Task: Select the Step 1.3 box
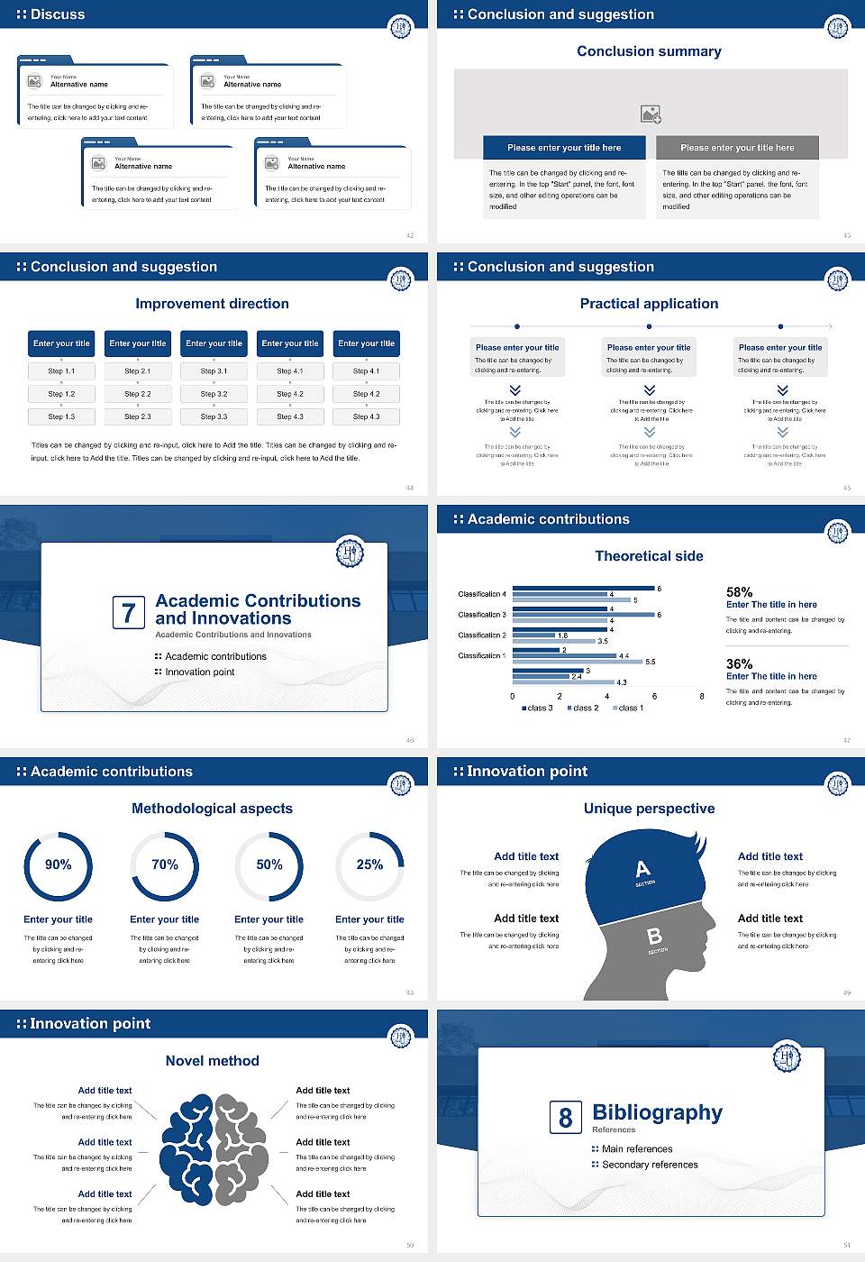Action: [61, 416]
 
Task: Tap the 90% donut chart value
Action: [59, 864]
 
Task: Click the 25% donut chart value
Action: [369, 864]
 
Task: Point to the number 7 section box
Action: [128, 613]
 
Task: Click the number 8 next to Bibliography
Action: [565, 1118]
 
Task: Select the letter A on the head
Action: [642, 869]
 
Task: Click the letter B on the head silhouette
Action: [655, 937]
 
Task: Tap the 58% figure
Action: [739, 592]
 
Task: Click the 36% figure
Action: [739, 663]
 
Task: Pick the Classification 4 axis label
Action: [481, 594]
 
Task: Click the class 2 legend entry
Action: [583, 708]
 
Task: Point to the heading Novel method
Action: [212, 1061]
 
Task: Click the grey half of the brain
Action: [241, 1149]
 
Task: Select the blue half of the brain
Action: [187, 1149]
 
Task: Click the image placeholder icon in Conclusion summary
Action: [651, 114]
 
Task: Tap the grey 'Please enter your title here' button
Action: [737, 148]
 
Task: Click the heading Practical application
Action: [649, 304]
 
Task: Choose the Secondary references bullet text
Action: [650, 1165]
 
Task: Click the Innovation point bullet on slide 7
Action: [199, 672]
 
